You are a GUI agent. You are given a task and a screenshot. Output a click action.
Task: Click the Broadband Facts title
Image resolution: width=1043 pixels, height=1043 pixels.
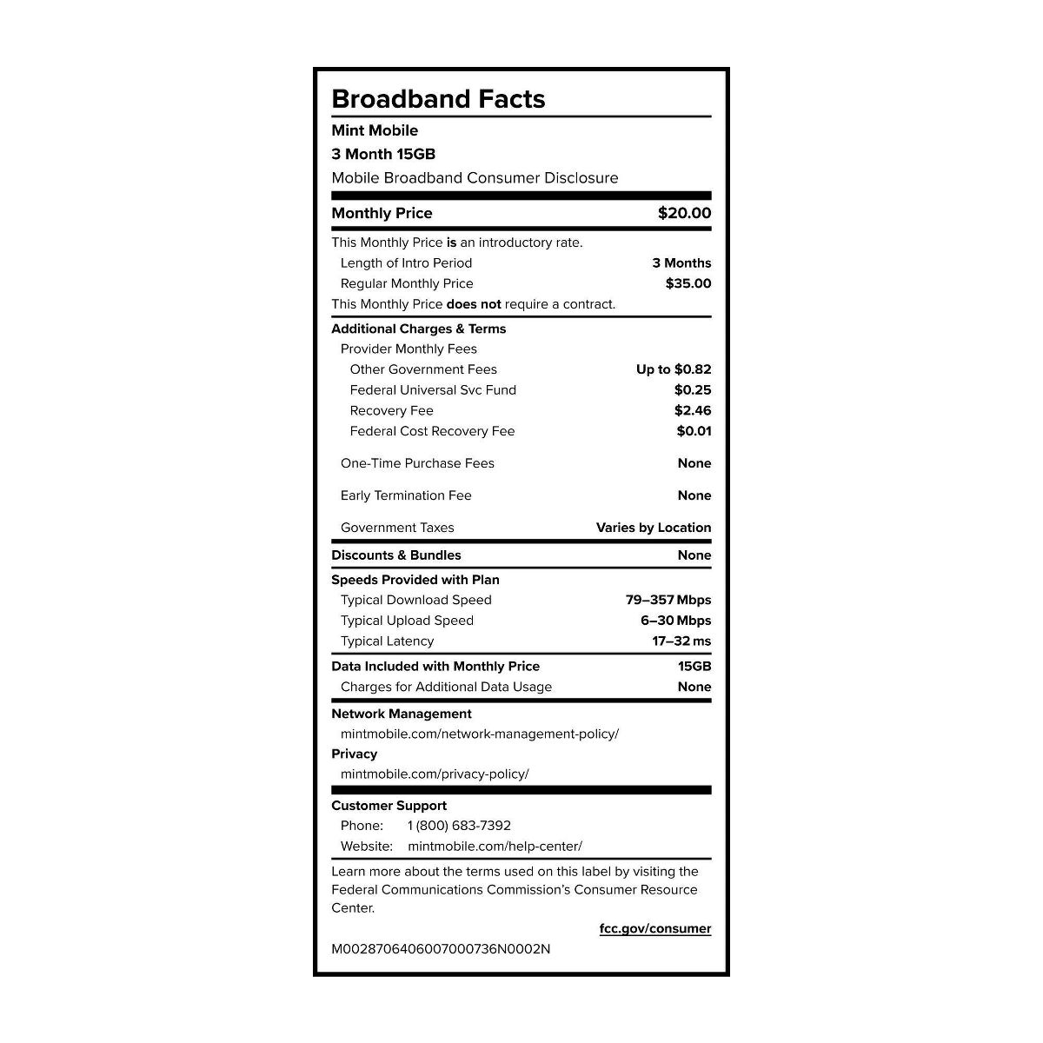438,99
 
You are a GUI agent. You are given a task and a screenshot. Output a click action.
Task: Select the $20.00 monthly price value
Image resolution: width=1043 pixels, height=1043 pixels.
684,213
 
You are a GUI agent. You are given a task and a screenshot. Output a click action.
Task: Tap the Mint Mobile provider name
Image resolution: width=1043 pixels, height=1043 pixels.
375,130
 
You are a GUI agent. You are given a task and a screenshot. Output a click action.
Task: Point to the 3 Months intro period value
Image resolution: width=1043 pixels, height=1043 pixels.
681,262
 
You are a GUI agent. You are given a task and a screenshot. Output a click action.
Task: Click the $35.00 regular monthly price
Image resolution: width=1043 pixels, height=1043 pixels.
688,283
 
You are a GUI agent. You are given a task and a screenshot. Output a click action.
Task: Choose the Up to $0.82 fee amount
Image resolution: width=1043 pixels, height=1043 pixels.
673,369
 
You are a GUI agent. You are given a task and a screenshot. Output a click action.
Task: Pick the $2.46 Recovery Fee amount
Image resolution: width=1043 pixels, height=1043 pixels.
692,410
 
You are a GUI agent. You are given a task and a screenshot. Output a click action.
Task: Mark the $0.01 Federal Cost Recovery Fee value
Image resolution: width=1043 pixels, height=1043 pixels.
694,431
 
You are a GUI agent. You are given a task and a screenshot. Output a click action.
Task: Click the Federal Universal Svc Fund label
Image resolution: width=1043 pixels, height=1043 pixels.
433,390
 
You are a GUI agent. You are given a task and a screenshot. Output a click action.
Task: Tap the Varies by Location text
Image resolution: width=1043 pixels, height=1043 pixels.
653,528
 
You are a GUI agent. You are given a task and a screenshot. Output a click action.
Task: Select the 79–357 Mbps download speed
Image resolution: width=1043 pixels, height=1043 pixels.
668,600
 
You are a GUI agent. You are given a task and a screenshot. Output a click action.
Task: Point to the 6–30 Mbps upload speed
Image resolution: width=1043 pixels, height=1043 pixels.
675,621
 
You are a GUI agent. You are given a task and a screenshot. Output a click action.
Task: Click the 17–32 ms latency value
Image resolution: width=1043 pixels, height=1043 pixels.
681,641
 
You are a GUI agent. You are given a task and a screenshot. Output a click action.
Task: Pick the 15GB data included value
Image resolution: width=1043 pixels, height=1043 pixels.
694,666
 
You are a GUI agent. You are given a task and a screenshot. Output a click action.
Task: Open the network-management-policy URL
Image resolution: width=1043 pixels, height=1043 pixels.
480,734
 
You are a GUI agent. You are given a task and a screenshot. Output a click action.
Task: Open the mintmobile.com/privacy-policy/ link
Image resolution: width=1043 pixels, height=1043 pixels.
435,774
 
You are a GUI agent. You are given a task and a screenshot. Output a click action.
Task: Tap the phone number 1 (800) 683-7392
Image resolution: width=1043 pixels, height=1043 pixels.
459,826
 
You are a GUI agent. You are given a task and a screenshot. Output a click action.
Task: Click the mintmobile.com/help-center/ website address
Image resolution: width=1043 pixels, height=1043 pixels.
495,846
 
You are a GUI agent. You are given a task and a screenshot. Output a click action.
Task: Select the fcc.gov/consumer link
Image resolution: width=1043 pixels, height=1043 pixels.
654,928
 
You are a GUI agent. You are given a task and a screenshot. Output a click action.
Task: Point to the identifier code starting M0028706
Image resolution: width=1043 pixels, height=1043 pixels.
441,949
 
